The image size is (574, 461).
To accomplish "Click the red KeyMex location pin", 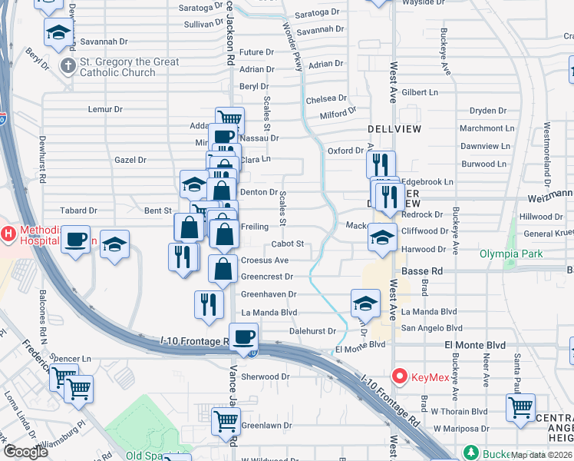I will click(x=398, y=376).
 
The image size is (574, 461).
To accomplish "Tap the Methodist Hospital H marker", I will click(x=8, y=233).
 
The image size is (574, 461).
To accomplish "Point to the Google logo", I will click(x=25, y=452).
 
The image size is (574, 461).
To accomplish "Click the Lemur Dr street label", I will click(x=105, y=109).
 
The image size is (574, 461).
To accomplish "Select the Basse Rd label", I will click(x=421, y=270).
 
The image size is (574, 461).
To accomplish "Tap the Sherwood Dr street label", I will click(x=265, y=376).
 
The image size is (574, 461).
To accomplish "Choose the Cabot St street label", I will click(x=288, y=244).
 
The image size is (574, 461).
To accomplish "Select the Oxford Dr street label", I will click(x=345, y=151).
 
